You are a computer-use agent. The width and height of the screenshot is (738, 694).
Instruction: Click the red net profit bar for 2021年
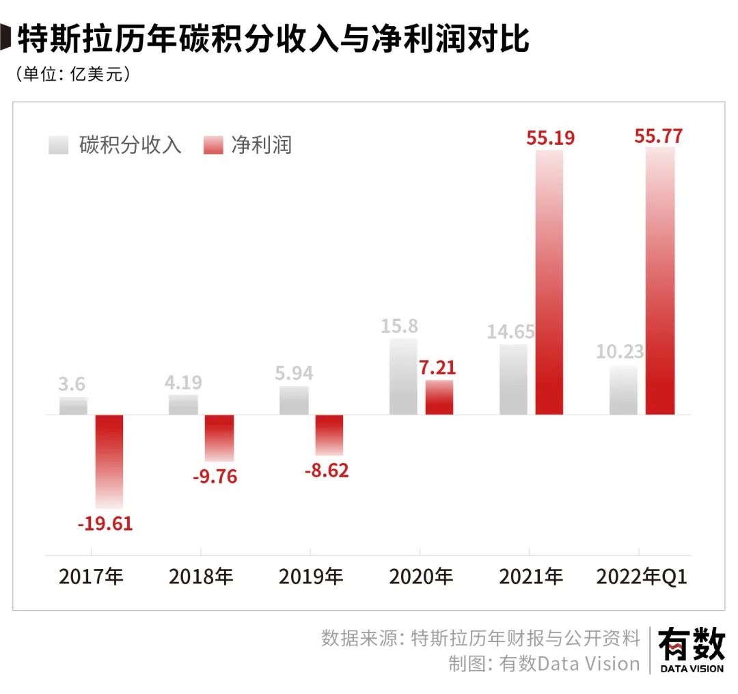[x=549, y=281]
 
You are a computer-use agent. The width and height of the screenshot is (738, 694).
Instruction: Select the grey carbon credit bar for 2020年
[x=402, y=376]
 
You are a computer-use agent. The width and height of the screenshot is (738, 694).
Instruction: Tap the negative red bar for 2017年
[x=109, y=461]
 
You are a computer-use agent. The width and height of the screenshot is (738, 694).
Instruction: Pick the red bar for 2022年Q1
[x=659, y=280]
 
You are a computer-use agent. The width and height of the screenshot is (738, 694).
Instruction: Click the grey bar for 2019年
[x=293, y=400]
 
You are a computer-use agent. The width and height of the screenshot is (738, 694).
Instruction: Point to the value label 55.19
[x=550, y=137]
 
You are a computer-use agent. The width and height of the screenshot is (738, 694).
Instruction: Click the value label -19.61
[x=105, y=525]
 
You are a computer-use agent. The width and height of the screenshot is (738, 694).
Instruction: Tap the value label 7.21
[x=437, y=367]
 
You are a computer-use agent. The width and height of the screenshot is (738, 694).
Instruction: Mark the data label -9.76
[x=215, y=476]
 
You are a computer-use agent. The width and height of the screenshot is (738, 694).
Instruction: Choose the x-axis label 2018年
[x=201, y=577]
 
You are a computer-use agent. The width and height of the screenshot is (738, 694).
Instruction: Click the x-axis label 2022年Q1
[x=642, y=577]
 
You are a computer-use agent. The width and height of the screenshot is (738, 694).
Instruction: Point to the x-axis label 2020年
[x=421, y=577]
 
